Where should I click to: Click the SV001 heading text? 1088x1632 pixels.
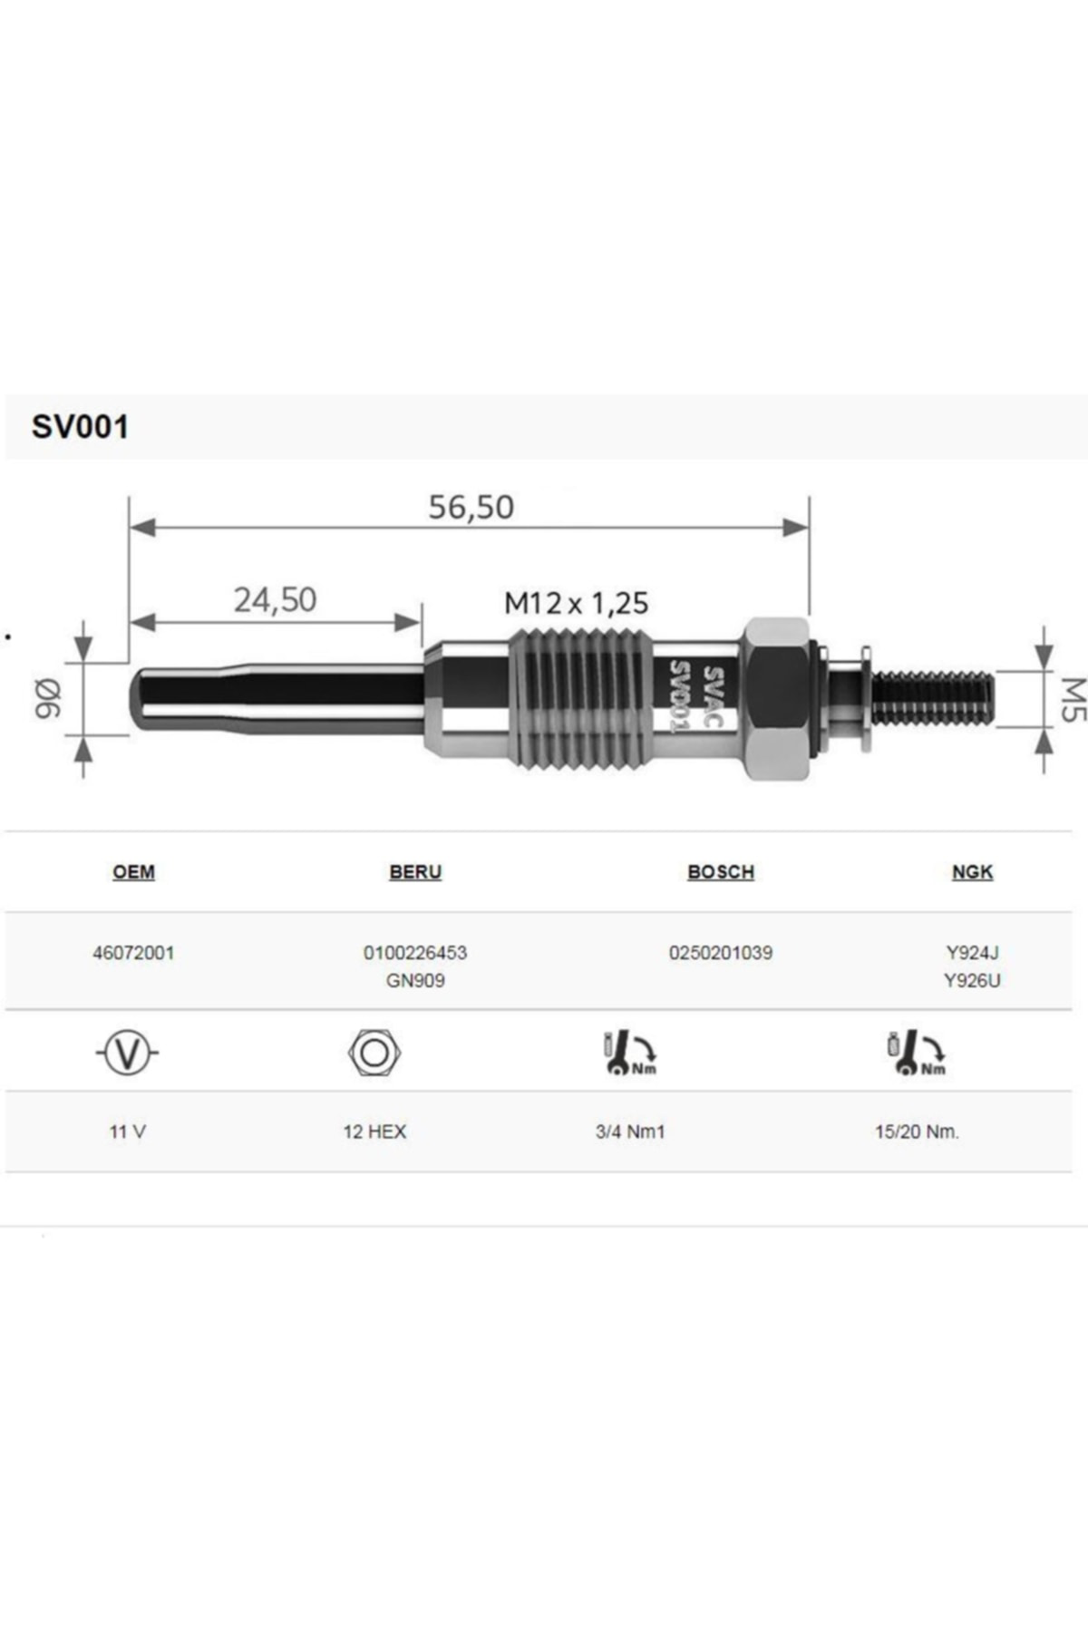(x=80, y=427)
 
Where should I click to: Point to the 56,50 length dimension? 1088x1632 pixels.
(x=471, y=507)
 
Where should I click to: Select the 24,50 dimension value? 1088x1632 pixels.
(x=275, y=599)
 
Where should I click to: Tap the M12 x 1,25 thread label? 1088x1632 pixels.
(x=576, y=603)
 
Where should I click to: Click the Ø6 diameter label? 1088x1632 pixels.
(x=47, y=698)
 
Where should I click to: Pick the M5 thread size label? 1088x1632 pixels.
(x=1072, y=699)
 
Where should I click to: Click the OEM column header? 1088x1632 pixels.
(x=133, y=872)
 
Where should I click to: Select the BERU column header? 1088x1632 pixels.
(x=415, y=872)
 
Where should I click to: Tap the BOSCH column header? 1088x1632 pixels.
(x=721, y=872)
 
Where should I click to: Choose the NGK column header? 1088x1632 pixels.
(x=972, y=872)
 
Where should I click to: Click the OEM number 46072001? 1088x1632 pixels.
(x=133, y=953)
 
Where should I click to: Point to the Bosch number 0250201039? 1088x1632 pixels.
(x=721, y=953)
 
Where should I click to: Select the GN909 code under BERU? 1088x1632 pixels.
(x=415, y=980)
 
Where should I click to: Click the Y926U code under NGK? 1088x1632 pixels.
(x=972, y=980)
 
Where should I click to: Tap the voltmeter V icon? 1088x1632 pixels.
(x=127, y=1053)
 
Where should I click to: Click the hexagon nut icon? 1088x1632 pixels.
(x=374, y=1053)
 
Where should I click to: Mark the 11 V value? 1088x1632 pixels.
(x=127, y=1132)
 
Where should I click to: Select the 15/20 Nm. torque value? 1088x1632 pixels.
(x=917, y=1132)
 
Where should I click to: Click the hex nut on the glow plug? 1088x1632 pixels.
(x=776, y=698)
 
